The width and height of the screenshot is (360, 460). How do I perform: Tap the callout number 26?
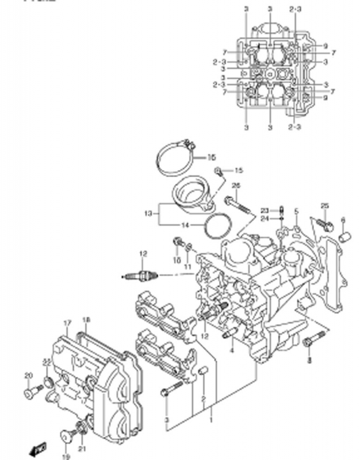(235, 186)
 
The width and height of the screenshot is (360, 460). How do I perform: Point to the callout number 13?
(148, 213)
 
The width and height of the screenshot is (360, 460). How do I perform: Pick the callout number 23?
(263, 210)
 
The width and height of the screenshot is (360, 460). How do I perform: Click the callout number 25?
(324, 206)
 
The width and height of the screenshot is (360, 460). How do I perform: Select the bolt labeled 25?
(322, 225)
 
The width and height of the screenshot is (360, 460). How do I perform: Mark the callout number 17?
(67, 323)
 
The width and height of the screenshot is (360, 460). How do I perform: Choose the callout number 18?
(86, 320)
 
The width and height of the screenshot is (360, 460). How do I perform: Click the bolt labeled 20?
(32, 393)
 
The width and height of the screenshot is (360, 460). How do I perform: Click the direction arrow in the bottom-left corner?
(39, 447)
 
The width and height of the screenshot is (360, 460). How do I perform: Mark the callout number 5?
(296, 212)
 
